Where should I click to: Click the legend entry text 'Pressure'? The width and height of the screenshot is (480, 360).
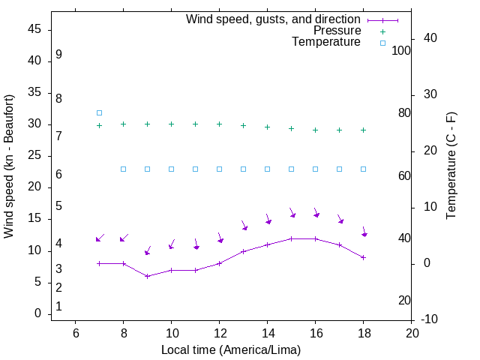click(337, 31)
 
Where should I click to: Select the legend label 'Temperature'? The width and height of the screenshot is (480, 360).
click(326, 43)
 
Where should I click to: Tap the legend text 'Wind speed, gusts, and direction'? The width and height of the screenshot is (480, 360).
click(274, 19)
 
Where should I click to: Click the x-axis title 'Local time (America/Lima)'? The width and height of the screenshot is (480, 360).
click(231, 349)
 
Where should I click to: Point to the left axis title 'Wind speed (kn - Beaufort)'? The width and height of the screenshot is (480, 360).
click(9, 166)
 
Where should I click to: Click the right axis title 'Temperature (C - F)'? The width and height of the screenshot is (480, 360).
click(451, 166)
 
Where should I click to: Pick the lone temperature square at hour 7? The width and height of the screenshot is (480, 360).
click(99, 112)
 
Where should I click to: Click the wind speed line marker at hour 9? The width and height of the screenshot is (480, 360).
click(147, 276)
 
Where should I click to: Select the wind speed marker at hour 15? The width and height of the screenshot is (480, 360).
click(291, 238)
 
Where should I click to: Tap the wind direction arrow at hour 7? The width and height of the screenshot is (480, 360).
click(100, 238)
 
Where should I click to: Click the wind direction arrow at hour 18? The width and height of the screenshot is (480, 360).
click(364, 232)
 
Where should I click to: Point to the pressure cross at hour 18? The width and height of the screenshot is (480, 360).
click(363, 130)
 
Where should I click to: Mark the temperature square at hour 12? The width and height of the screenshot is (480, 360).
click(219, 169)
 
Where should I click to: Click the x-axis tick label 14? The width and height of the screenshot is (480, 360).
click(267, 333)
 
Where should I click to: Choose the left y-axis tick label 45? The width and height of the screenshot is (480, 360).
click(34, 29)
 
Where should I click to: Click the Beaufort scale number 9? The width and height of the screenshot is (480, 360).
click(58, 55)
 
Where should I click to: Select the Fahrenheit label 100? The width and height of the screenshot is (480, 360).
click(401, 50)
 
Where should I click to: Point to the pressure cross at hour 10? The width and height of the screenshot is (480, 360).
click(171, 124)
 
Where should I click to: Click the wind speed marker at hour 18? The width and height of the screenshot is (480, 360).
click(363, 257)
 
